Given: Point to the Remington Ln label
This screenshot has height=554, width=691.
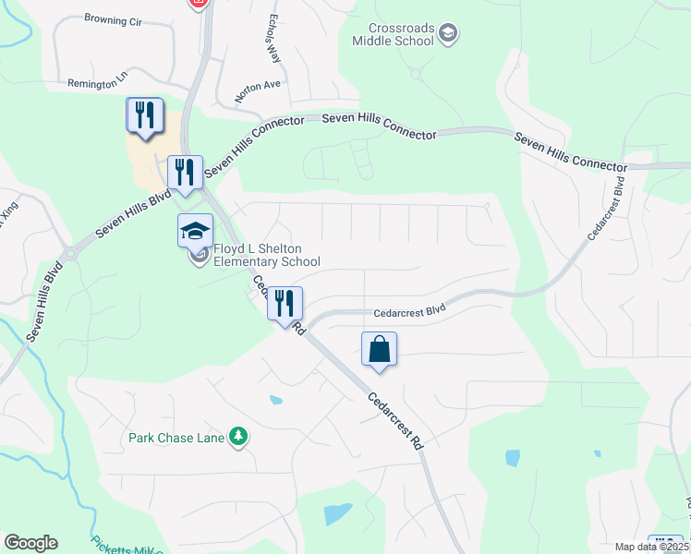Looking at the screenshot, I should [95, 83].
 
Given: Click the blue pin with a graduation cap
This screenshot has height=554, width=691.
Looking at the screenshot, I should [196, 231].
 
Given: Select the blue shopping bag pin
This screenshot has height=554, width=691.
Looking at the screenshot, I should [379, 350].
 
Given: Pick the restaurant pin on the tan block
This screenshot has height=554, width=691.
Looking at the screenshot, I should [144, 115].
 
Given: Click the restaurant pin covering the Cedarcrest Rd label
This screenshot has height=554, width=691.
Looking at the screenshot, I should [285, 303].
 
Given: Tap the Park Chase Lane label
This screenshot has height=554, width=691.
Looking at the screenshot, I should [176, 437].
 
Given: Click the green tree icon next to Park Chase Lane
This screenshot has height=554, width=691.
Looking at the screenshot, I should [239, 436].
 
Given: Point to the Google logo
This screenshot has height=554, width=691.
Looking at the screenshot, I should [30, 543].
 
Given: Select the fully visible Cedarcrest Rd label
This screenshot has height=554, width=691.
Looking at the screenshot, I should [394, 421].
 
